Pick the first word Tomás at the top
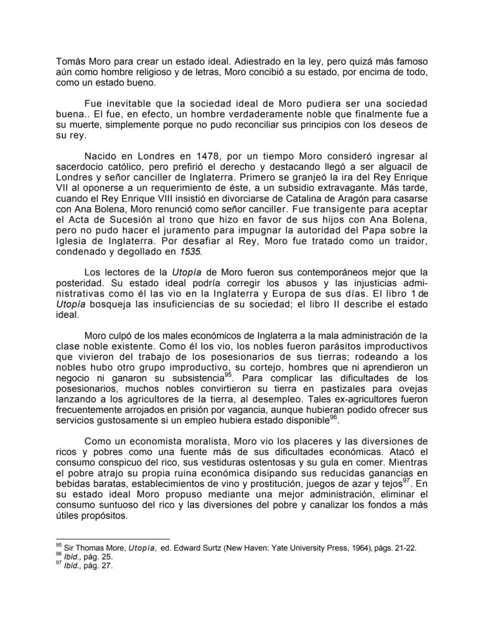coord(68,61)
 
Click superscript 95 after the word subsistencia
coord(229,374)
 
